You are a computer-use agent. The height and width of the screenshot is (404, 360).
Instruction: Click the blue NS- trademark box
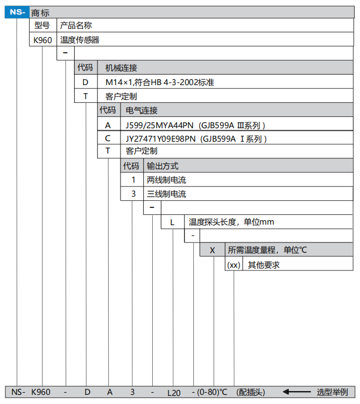pos(17,12)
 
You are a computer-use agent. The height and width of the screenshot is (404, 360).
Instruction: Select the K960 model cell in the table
pos(43,40)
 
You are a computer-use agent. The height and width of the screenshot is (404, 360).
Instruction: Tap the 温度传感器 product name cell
pos(80,40)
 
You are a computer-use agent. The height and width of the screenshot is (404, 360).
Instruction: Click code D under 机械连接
pos(86,82)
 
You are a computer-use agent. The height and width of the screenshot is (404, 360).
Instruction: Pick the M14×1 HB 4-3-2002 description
pos(159,82)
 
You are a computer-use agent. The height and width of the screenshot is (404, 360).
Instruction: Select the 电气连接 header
pos(142,110)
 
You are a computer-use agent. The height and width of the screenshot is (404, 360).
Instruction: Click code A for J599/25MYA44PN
pos(108,125)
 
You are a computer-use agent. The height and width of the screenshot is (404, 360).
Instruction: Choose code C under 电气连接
pos(108,138)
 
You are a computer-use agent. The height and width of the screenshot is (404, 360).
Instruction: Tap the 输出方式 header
pos(163,166)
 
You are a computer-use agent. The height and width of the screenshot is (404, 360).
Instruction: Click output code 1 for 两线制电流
pos(133,180)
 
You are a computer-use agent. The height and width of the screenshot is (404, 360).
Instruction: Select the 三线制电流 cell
pos(166,194)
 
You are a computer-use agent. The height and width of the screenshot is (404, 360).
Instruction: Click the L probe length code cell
pos(172,222)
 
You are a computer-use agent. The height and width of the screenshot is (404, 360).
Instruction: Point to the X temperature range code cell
pos(213,250)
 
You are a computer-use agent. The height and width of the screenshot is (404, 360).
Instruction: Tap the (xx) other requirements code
pos(234,264)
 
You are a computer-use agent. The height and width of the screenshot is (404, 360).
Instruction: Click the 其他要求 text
pos(264,265)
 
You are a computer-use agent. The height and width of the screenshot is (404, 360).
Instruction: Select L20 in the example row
pos(174,393)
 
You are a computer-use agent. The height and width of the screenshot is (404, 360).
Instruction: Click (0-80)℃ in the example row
pos(213,392)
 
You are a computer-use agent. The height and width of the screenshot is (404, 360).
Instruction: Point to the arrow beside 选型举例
pos(297,392)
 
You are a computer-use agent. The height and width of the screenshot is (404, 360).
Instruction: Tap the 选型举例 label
pos(333,392)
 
